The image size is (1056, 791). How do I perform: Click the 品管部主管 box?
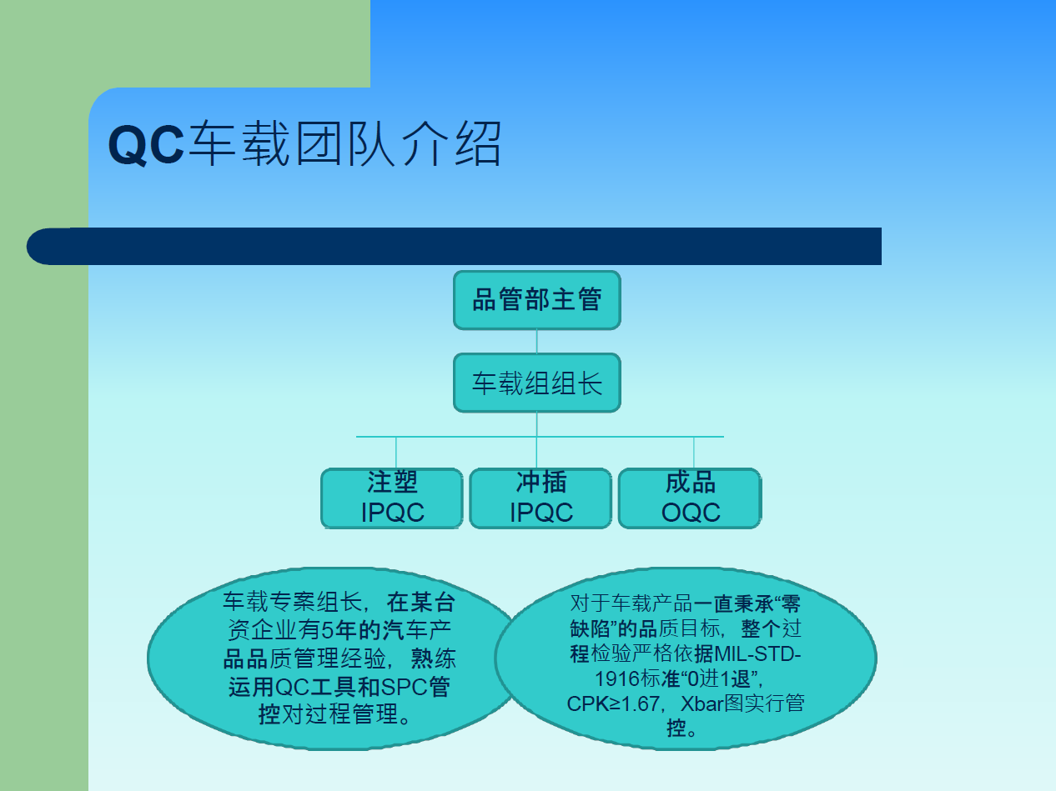537,300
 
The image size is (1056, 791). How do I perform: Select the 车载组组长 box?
537,383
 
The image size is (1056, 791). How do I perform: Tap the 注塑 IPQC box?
392,498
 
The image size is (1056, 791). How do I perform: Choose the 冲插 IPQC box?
541,498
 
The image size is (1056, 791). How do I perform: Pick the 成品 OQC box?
690,498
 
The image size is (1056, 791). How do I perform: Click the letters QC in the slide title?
146,145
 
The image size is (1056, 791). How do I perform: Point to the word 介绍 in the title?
452,143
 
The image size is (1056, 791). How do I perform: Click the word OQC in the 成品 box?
691,513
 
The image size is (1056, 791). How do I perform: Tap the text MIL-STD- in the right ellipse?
757,654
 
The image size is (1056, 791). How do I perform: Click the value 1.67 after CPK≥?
640,704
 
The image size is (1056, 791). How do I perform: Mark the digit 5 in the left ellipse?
328,630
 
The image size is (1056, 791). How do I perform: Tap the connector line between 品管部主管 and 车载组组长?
537,342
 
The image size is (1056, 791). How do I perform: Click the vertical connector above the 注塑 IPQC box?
396,453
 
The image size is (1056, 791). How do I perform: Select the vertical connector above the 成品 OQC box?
694,453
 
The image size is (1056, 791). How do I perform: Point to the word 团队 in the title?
345,143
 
